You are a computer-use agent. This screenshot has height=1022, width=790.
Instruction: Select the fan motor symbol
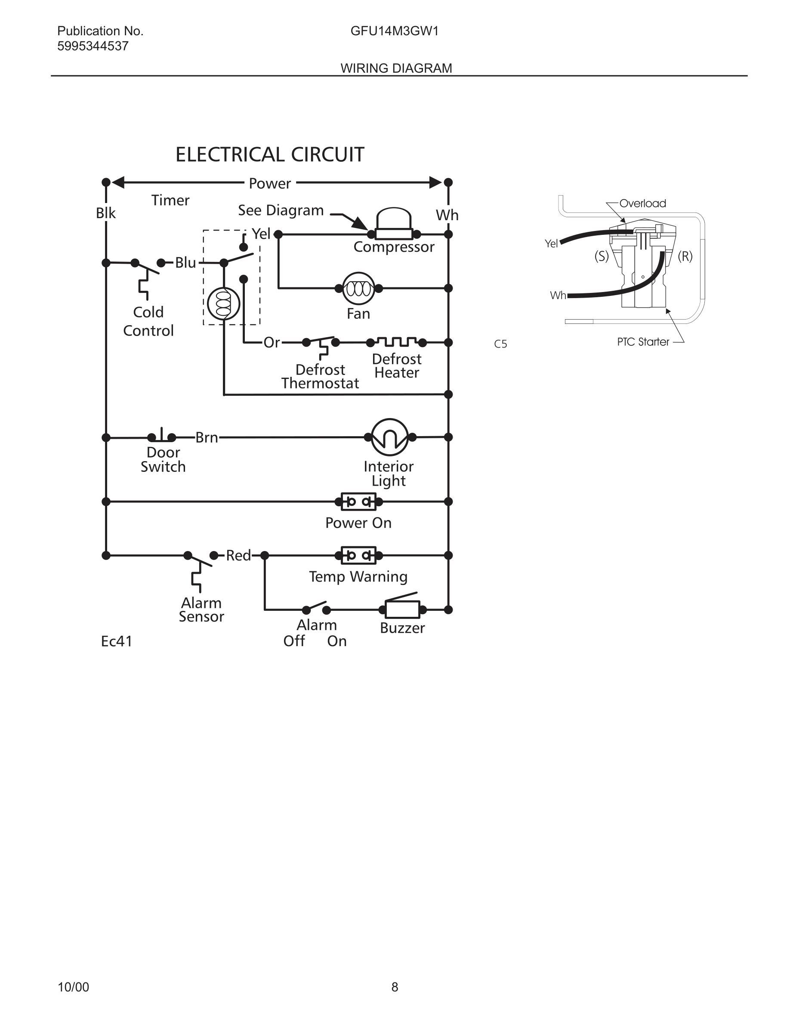(x=358, y=289)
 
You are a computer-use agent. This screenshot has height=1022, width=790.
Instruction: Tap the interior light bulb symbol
(x=389, y=437)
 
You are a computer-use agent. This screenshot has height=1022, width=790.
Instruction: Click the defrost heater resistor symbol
(x=397, y=342)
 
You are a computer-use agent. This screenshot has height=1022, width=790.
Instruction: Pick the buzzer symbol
(x=402, y=609)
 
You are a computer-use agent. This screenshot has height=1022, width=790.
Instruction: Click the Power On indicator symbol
(x=358, y=502)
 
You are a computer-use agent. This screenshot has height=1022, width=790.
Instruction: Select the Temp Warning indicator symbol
(x=358, y=555)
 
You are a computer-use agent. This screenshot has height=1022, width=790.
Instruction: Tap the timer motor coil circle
(x=224, y=304)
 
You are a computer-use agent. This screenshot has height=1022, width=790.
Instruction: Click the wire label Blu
(x=185, y=263)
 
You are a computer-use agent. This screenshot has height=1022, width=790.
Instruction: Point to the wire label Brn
(x=207, y=437)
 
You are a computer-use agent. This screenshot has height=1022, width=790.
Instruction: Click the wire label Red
(x=238, y=555)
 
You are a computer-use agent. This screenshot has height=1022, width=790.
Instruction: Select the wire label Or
(x=272, y=342)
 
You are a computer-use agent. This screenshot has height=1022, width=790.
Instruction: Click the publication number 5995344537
(x=93, y=46)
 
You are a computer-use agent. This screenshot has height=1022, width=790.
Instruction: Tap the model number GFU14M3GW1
(x=394, y=31)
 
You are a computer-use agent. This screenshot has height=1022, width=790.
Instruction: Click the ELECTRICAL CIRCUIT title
(x=270, y=154)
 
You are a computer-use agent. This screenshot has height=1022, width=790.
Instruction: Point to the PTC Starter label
(x=643, y=342)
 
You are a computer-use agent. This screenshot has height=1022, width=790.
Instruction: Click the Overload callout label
(x=642, y=203)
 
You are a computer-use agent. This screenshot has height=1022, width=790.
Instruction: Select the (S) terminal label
(x=602, y=256)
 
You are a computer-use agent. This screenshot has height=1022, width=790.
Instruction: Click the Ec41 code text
(x=117, y=641)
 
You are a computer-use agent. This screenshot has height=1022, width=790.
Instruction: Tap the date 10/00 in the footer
(x=73, y=987)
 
